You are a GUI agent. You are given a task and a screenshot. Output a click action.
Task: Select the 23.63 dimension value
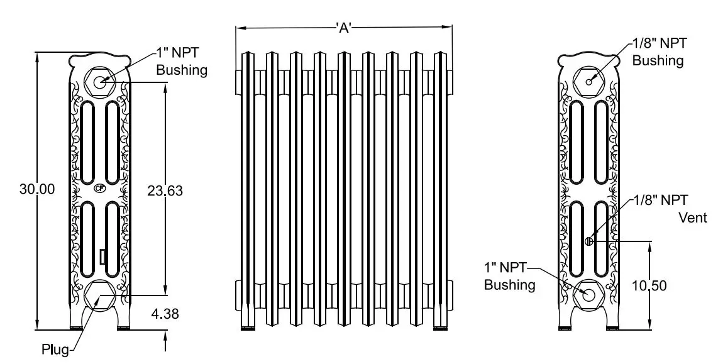165,190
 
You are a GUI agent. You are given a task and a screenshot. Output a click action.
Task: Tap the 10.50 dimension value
649,285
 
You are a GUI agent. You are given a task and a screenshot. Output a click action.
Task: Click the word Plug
55,349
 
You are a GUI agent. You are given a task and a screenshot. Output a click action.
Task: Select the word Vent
693,218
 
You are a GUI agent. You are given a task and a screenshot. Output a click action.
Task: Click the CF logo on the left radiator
99,187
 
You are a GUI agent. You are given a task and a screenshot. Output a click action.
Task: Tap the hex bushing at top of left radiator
99,80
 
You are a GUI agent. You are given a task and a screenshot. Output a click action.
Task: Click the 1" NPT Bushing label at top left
182,62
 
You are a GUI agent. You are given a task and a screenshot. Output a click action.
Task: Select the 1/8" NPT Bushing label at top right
659,52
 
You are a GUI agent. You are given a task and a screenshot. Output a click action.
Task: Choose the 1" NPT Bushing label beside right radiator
510,277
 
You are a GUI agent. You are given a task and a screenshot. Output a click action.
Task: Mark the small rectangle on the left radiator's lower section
102,257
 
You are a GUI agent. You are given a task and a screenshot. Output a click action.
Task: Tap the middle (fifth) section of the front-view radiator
344,189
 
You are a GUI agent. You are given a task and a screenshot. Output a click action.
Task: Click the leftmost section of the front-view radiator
248,189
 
